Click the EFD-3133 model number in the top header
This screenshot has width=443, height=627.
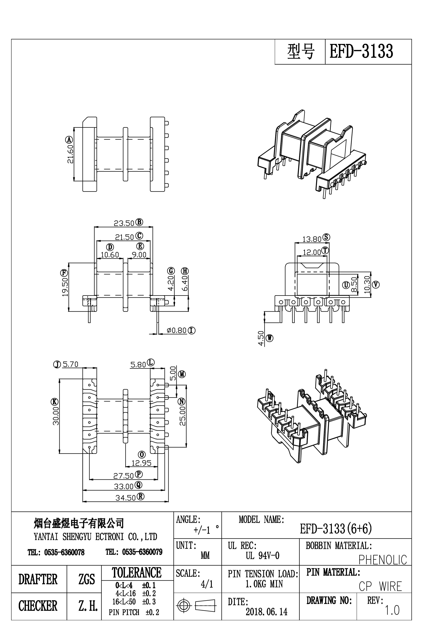[361, 51]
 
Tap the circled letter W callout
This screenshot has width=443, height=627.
[270, 338]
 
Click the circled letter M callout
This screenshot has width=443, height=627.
[182, 374]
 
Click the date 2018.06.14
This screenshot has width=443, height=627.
[267, 612]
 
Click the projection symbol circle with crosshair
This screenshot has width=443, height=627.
[184, 606]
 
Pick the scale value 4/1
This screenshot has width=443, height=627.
[206, 584]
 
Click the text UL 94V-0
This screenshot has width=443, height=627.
[262, 556]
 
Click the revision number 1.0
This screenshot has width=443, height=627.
[392, 610]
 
